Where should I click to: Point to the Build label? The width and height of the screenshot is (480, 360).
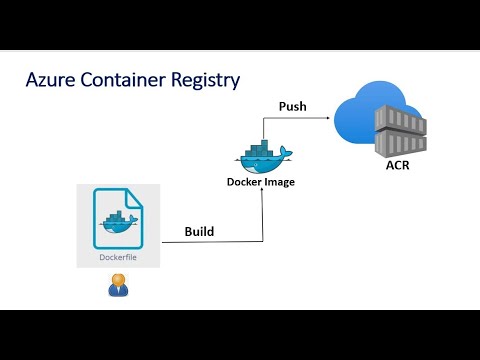tap(199, 231)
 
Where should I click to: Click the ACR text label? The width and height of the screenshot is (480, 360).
tap(398, 166)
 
